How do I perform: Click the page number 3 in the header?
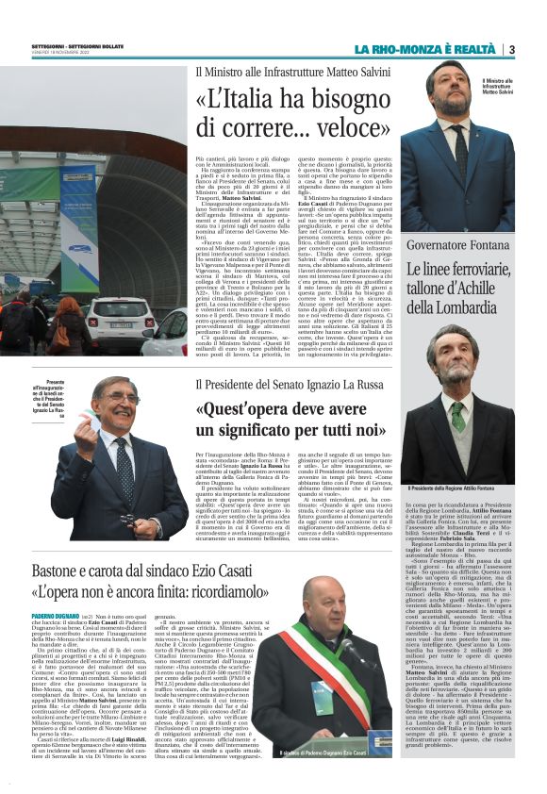pyautogui.click(x=511, y=49)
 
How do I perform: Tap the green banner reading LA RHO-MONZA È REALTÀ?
pyautogui.click(x=424, y=49)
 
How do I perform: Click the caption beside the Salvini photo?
pyautogui.click(x=524, y=87)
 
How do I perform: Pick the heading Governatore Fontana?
pyautogui.click(x=452, y=222)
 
